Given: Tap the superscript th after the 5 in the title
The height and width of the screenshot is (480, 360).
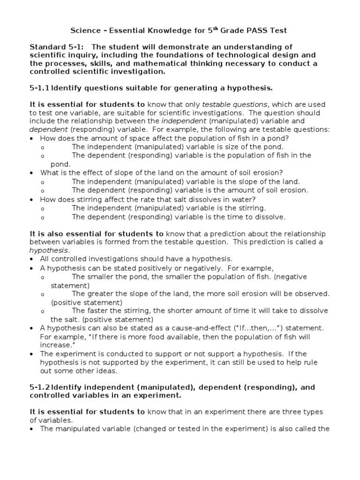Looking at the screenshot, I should pos(217,29).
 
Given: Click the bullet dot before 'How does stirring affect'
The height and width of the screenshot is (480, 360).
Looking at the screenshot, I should pos(31,199).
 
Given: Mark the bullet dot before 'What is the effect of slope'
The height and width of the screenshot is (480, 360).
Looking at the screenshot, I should pos(31,173).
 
